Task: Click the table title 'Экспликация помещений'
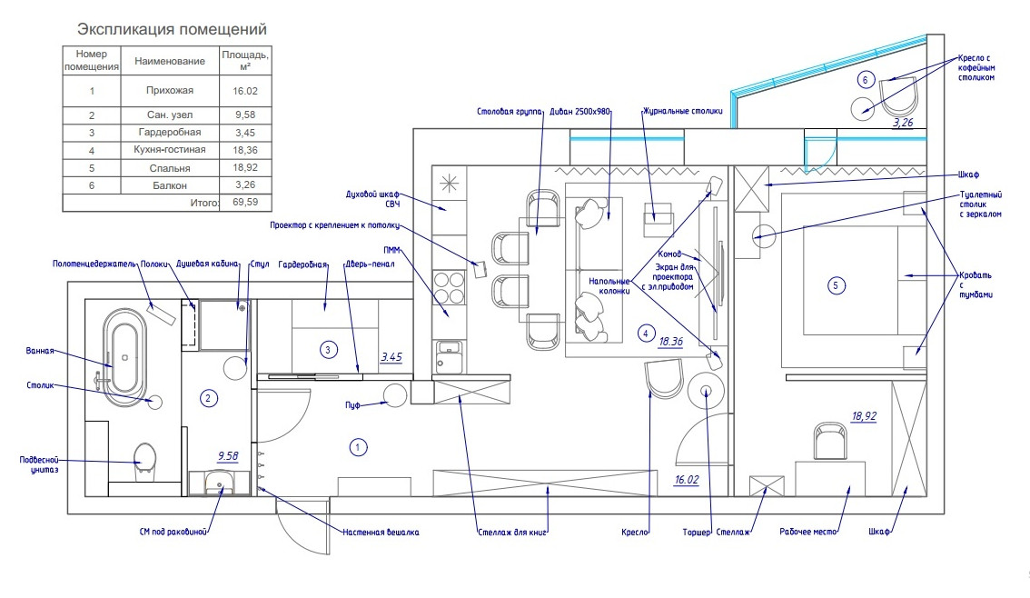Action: click(172, 30)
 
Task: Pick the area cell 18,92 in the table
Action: click(244, 167)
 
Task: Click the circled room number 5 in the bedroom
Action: click(837, 285)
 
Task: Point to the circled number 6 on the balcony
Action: click(865, 80)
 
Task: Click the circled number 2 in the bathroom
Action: click(208, 397)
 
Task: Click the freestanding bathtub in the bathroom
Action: click(123, 356)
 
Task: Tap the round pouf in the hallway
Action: click(395, 394)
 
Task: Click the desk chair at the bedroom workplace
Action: click(830, 441)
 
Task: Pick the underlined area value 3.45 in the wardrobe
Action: click(391, 357)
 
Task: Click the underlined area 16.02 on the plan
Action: click(686, 479)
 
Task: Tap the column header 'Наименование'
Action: click(169, 61)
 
